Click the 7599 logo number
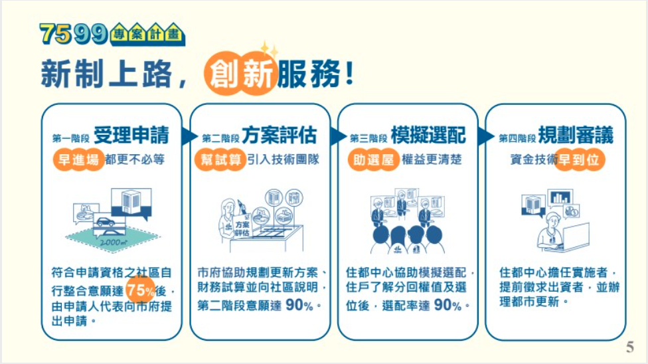[74, 34]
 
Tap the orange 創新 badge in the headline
[240, 74]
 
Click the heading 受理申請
[131, 136]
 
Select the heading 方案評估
[280, 136]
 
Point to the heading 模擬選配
[428, 136]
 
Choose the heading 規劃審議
[576, 136]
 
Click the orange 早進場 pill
[78, 159]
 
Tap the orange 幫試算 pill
[220, 159]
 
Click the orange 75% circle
[141, 290]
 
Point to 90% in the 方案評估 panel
[299, 306]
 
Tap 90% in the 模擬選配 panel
[447, 306]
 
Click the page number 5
[630, 347]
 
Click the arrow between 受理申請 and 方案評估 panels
[188, 137]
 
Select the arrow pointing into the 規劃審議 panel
[485, 137]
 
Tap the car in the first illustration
[106, 222]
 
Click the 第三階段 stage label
[368, 137]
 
